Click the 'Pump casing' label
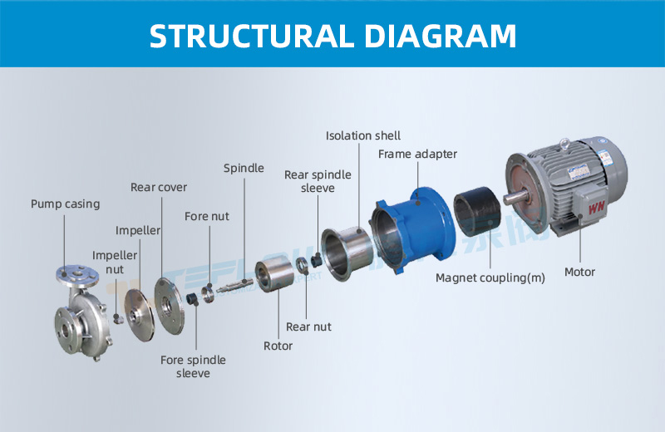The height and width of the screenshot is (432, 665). [x=65, y=204]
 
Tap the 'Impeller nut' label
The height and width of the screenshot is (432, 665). [x=114, y=263]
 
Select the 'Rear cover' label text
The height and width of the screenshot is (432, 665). [x=159, y=187]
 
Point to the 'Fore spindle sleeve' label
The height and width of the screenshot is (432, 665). [x=193, y=366]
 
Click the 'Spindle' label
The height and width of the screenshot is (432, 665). [x=244, y=168]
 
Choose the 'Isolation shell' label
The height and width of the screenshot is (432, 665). [x=362, y=135]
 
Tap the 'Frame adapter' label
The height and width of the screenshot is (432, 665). [x=417, y=154]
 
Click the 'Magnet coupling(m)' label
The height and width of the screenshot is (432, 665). [x=490, y=277]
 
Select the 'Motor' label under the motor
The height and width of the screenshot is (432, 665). [x=579, y=272]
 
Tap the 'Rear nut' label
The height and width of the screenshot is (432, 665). [x=308, y=326]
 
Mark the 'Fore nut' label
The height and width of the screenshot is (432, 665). [x=206, y=217]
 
